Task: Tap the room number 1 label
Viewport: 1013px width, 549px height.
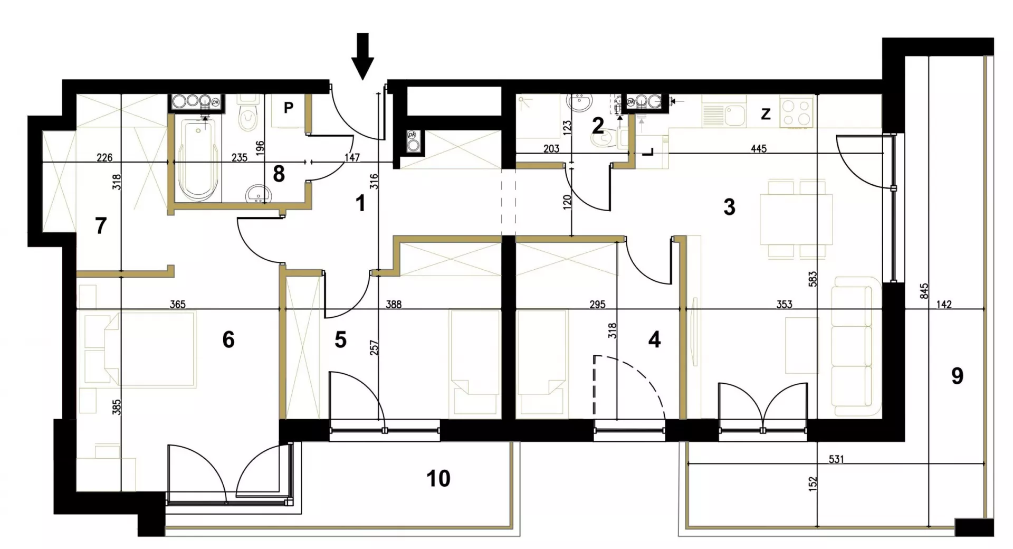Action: (360, 203)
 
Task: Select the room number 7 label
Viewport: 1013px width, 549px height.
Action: (100, 226)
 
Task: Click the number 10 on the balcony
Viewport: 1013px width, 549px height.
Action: (438, 478)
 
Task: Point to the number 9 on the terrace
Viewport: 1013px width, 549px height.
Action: (957, 376)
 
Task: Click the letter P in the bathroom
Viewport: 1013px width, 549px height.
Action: (288, 108)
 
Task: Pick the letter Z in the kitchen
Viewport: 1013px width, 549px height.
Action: (766, 114)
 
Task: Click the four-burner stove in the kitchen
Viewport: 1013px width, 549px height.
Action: (796, 112)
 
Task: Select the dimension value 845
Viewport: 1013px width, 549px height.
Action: (924, 291)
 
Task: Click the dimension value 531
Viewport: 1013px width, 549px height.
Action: (836, 459)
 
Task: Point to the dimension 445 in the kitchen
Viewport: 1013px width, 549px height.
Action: (758, 149)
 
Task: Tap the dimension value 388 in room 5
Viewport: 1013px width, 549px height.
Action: (394, 304)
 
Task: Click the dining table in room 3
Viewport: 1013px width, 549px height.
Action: (796, 219)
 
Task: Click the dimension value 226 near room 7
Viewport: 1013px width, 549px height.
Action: (105, 157)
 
